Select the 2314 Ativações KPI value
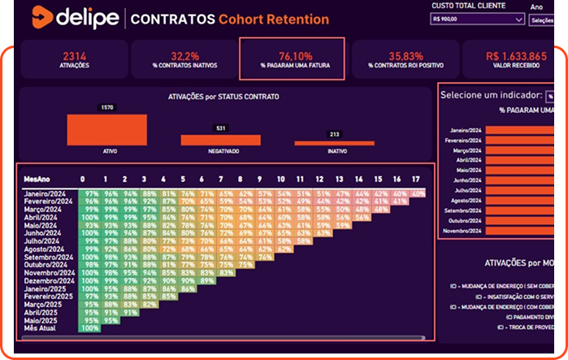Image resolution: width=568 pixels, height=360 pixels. click(74, 56)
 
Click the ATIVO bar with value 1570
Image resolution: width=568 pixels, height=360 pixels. click(106, 129)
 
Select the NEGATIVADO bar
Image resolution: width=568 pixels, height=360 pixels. click(220, 140)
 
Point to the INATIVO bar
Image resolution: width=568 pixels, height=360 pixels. click(334, 143)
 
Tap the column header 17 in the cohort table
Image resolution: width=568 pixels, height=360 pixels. click(417, 179)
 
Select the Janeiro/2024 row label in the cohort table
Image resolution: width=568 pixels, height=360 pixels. click(47, 193)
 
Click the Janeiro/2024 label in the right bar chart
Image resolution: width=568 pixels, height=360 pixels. click(462, 129)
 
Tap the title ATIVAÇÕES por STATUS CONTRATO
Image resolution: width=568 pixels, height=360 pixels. click(223, 97)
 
